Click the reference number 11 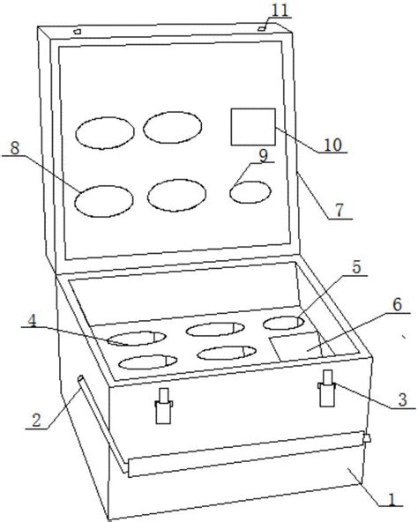tap(280, 11)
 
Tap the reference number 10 tap(333, 145)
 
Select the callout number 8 tap(15, 148)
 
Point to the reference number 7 tap(339, 211)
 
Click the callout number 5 tap(357, 268)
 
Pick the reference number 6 tap(397, 305)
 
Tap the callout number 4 tap(32, 320)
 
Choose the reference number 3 tap(403, 399)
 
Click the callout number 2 tap(36, 420)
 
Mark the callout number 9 tap(264, 156)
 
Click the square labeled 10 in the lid tap(253, 127)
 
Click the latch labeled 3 tap(326, 388)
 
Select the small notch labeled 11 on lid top tap(262, 29)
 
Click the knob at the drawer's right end tap(367, 438)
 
